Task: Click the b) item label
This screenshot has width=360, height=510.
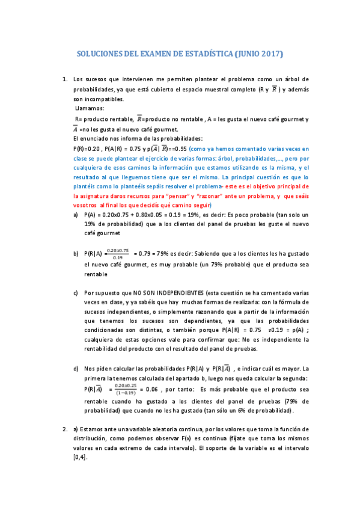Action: coord(75,254)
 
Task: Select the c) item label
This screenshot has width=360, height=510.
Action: coord(75,293)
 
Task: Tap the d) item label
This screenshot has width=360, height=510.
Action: coord(75,368)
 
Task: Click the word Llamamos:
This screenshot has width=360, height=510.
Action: coord(89,108)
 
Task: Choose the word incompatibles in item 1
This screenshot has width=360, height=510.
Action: coord(99,99)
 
